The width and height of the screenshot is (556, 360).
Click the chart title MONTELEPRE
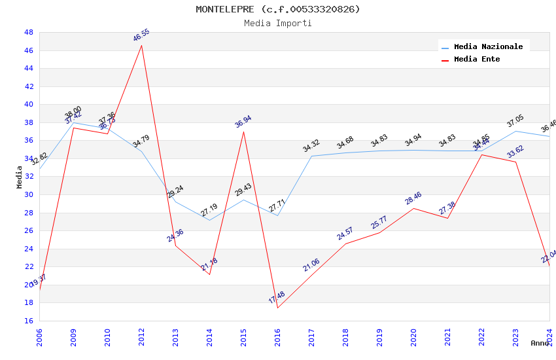coord(277,9)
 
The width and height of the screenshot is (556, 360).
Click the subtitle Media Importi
coord(277,23)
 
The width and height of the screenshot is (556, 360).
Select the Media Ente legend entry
coord(477,59)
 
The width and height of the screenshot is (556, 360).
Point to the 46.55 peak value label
coord(141,35)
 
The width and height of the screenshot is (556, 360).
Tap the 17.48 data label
coord(277,298)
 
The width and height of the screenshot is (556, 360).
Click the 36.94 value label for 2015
coord(243,122)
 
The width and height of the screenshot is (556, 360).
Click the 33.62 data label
coord(515,152)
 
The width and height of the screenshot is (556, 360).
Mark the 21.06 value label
coord(311,265)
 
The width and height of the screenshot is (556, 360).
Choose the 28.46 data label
coord(413,198)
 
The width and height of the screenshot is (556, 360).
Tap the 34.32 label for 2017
coord(311,146)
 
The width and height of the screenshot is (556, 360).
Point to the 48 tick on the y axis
coord(29,32)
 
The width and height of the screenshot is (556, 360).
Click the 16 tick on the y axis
coord(29,321)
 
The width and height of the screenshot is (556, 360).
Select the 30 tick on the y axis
coord(29,194)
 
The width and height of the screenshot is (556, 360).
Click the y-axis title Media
coord(20,177)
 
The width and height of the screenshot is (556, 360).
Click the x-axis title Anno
coord(540,343)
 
